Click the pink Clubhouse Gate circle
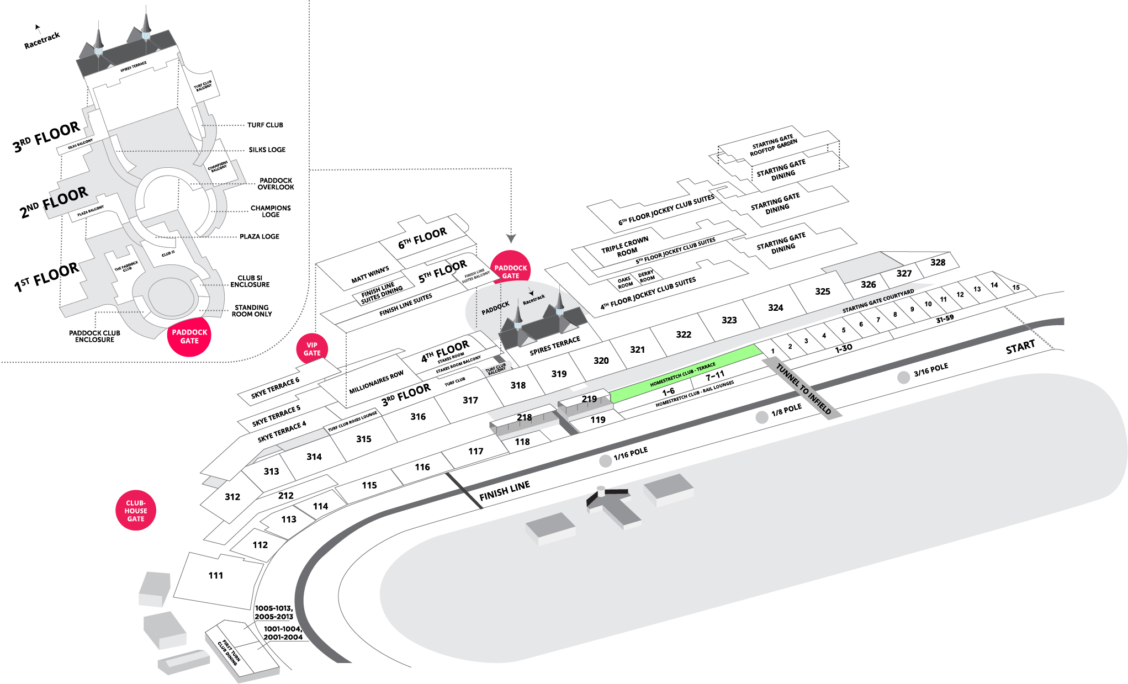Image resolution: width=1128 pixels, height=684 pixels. (136, 510)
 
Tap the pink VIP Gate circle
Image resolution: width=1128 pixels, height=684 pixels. (312, 349)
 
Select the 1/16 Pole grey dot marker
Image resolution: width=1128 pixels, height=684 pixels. (606, 461)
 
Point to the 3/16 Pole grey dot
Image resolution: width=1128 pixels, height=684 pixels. (903, 377)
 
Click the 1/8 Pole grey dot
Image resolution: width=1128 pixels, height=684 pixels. (762, 417)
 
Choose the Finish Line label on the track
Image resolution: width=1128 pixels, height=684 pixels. (504, 490)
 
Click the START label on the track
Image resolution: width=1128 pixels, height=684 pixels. (1020, 347)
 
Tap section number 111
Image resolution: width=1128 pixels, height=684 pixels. (216, 575)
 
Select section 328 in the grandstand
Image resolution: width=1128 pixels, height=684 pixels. (938, 262)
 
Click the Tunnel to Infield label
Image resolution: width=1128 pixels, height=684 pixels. (803, 389)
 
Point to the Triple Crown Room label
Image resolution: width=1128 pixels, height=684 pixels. (626, 247)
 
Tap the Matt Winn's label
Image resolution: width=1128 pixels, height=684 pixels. (370, 275)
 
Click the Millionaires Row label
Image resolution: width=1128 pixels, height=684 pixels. (376, 382)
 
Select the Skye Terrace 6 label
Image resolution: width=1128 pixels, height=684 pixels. (275, 388)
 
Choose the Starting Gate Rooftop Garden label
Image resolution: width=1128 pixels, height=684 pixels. (774, 145)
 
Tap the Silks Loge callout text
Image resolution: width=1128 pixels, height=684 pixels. (267, 150)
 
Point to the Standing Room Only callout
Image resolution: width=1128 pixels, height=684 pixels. (251, 311)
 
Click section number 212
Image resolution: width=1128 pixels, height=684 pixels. (285, 495)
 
